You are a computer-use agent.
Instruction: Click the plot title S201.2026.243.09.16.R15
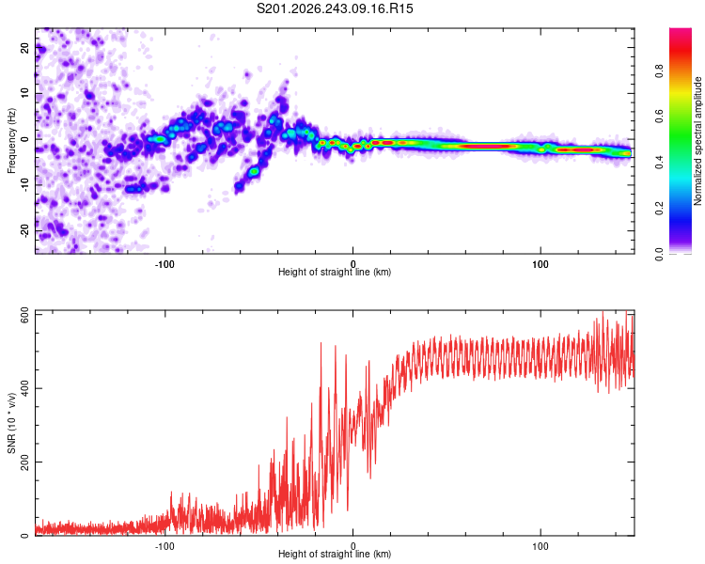[x=335, y=8]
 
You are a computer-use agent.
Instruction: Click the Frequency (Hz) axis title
[x=11, y=141]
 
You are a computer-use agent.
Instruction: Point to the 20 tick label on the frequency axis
[x=24, y=48]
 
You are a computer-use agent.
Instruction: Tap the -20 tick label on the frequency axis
[x=24, y=230]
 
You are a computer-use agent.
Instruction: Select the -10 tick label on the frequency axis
[x=24, y=185]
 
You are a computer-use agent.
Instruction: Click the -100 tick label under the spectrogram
[x=164, y=264]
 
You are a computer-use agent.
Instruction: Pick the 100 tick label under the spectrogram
[x=540, y=264]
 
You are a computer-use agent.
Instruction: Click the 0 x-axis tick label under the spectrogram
[x=352, y=264]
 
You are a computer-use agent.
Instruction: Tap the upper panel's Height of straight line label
[x=335, y=272]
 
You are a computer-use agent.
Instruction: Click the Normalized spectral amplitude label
[x=697, y=141]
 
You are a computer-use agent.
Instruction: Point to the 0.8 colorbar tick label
[x=659, y=71]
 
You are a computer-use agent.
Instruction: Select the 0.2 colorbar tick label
[x=659, y=209]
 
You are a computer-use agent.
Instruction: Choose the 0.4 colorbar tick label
[x=659, y=163]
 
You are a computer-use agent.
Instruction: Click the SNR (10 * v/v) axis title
[x=11, y=423]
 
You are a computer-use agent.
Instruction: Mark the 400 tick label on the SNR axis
[x=24, y=388]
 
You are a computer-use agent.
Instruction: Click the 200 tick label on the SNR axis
[x=24, y=462]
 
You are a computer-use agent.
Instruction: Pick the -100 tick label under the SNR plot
[x=164, y=546]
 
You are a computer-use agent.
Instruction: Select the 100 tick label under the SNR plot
[x=540, y=546]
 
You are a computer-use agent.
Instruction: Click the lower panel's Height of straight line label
[x=335, y=554]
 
